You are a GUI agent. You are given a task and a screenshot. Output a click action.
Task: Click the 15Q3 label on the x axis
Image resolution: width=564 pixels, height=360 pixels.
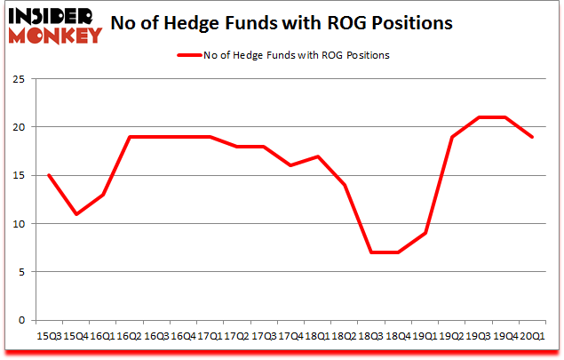[48, 336]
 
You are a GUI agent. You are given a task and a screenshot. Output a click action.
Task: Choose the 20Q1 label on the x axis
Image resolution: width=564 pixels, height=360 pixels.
[532, 336]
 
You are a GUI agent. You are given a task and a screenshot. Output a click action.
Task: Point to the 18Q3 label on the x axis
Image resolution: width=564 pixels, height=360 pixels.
[370, 336]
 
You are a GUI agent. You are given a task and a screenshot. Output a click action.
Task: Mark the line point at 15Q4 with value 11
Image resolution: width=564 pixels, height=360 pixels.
[75, 214]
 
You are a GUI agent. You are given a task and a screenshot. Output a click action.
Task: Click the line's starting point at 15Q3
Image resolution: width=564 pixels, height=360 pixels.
[48, 175]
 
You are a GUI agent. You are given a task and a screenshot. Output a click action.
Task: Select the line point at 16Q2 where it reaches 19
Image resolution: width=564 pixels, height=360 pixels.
[129, 137]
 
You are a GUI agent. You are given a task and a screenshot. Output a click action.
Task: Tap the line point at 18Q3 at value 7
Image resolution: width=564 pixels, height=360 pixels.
[370, 252]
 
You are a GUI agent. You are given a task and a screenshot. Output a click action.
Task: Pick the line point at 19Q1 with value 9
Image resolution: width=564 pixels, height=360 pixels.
[425, 233]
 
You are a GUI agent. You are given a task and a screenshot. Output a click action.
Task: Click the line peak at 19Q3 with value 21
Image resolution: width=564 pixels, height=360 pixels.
[479, 117]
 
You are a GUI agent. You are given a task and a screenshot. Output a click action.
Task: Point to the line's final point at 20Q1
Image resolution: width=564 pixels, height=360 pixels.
[532, 137]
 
